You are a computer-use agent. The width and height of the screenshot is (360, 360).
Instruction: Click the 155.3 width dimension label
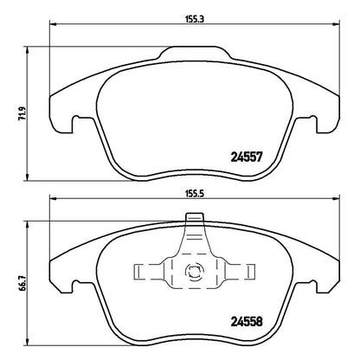(x=195, y=19)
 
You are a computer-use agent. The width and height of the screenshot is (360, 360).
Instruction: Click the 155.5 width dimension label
(x=195, y=194)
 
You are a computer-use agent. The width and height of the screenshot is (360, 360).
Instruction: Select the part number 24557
(x=247, y=157)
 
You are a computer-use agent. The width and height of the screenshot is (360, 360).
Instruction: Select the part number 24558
(x=247, y=321)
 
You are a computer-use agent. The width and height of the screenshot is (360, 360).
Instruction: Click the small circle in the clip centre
(x=194, y=271)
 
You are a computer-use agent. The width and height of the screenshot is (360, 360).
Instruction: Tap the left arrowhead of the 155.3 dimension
(x=53, y=24)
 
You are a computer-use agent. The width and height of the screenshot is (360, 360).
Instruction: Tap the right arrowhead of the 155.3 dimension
(x=337, y=24)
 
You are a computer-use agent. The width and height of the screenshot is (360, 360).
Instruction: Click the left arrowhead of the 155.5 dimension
(x=53, y=198)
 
